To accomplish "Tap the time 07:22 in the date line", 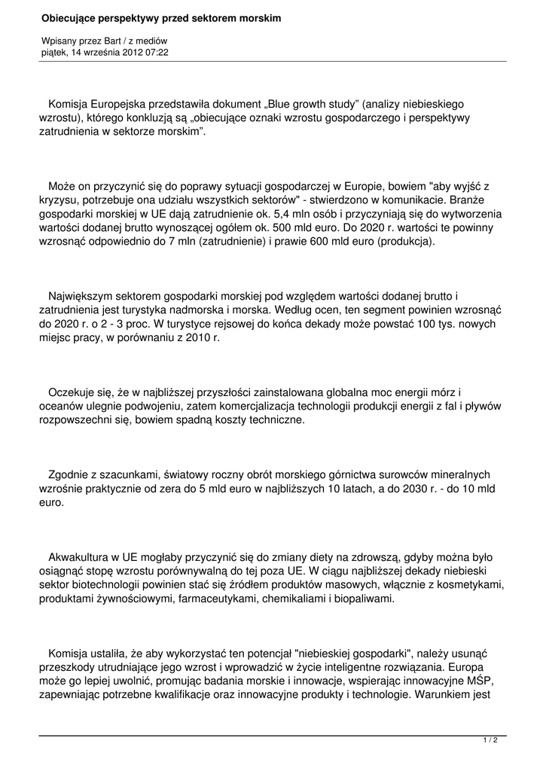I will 156,53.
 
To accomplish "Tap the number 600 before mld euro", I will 323,242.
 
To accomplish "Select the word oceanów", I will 63,406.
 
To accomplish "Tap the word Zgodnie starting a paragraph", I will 72,474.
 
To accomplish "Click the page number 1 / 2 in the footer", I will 490,741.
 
